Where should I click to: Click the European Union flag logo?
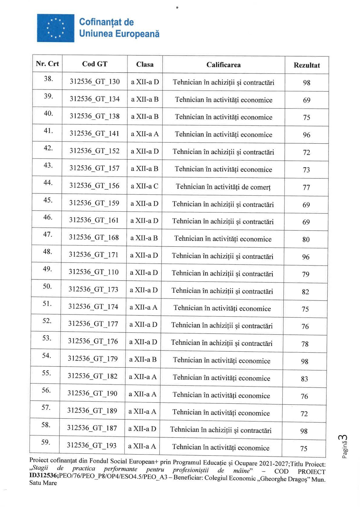pyautogui.click(x=55, y=28)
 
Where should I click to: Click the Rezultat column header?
pyautogui.click(x=306, y=65)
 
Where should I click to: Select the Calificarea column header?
pyautogui.click(x=224, y=65)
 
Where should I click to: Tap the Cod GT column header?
pyautogui.click(x=95, y=64)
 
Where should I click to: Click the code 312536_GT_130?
pyautogui.click(x=95, y=82)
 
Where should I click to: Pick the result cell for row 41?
pyautogui.click(x=306, y=135)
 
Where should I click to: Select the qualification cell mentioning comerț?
pyautogui.click(x=223, y=187)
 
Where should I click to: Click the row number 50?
pyautogui.click(x=47, y=286)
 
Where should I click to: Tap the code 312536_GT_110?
pyautogui.click(x=93, y=272)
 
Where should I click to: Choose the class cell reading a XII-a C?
pyautogui.click(x=144, y=186)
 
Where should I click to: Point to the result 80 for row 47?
pyautogui.click(x=306, y=240)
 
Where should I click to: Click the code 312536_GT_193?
pyautogui.click(x=92, y=445)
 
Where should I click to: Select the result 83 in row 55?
pyautogui.click(x=304, y=379)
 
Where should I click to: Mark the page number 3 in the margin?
pyautogui.click(x=343, y=438)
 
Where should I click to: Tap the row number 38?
pyautogui.click(x=48, y=79)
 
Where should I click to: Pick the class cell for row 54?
pyautogui.click(x=143, y=359)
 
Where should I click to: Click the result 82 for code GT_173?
pyautogui.click(x=305, y=292)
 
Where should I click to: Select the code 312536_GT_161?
pyautogui.click(x=94, y=220)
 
